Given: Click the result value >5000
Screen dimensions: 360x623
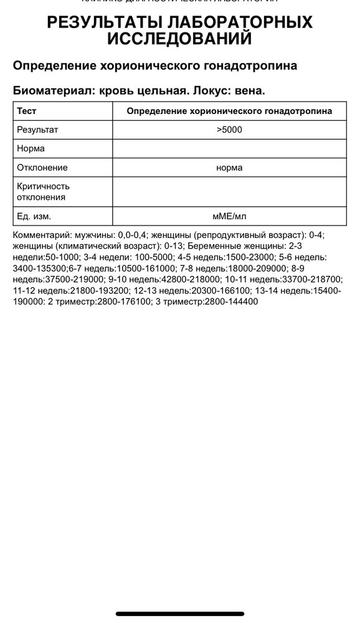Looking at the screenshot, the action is pyautogui.click(x=229, y=130).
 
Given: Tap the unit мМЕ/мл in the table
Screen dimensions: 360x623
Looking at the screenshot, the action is pyautogui.click(x=229, y=217).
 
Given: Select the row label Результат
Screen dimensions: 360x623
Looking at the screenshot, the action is pyautogui.click(x=37, y=130).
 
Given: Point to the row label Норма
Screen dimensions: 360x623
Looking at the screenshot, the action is pyautogui.click(x=31, y=149).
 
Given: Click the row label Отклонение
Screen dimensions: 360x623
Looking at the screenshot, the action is pyautogui.click(x=42, y=168).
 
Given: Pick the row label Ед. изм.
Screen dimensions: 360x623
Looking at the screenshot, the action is pyautogui.click(x=34, y=217).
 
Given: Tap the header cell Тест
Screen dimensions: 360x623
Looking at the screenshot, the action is pyautogui.click(x=27, y=111).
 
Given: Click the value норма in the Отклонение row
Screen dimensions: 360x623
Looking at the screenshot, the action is pyautogui.click(x=229, y=168).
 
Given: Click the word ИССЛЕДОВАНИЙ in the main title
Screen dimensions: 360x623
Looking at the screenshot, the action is pyautogui.click(x=180, y=39).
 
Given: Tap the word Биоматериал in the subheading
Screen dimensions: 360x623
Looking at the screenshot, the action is pyautogui.click(x=49, y=90).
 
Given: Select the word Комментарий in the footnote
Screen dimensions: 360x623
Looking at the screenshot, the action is pyautogui.click(x=42, y=234).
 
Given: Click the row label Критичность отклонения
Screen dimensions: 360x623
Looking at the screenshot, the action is pyautogui.click(x=44, y=192).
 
